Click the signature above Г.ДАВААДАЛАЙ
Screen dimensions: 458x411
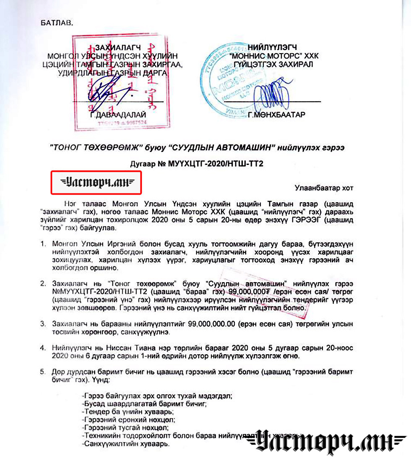pos(105,90)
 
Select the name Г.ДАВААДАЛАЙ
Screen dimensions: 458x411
pos(118,115)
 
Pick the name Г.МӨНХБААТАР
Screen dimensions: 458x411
pos(276,115)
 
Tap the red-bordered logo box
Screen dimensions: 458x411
pos(96,182)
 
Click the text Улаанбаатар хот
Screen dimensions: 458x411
pos(324,187)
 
